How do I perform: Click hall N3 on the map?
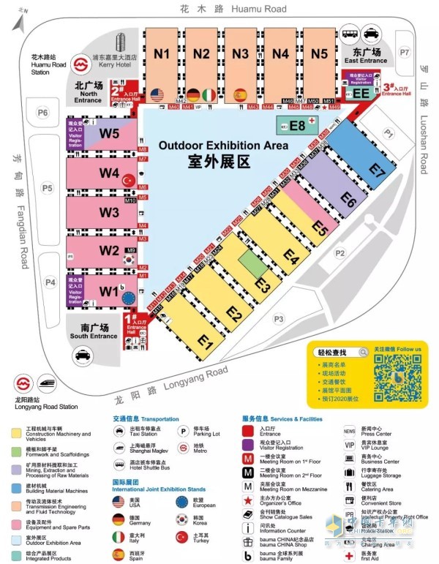point(240,53)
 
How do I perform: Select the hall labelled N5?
point(319,53)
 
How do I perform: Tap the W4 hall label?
point(110,173)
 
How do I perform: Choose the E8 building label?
point(296,125)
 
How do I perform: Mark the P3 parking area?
point(277,318)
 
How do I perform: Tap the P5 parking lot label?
point(47,188)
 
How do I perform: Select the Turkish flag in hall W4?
point(130,179)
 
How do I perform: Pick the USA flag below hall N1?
point(156,94)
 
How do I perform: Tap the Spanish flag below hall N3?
point(239,94)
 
